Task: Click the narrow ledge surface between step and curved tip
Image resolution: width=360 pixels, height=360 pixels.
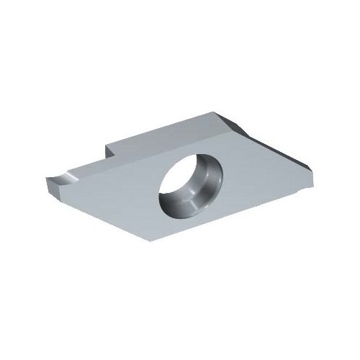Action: click(86, 164)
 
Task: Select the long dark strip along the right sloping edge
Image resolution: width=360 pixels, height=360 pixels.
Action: click(281, 148)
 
